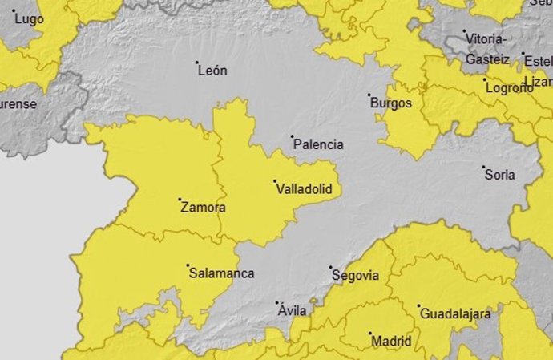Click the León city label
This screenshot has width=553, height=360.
212,71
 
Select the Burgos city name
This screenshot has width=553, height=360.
391,103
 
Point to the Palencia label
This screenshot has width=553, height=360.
318,145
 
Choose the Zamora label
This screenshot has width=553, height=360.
203,208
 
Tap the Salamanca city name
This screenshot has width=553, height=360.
221,273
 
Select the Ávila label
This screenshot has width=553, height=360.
291,311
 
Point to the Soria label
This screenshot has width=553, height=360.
500,175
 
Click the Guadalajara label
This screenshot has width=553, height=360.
455,314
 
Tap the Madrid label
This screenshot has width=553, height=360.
391,342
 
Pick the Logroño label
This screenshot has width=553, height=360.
511,88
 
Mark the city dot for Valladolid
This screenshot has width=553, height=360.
275,181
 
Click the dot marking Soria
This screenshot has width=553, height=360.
484,167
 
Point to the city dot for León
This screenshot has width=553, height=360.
197,62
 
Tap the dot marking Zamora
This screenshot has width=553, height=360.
180,200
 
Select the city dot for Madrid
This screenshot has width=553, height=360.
370,334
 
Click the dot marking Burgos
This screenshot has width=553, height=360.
369,95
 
